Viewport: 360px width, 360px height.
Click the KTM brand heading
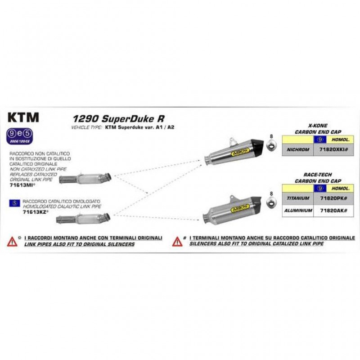point(23,117)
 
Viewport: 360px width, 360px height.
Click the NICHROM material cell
point(297,149)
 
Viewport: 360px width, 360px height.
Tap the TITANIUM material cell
point(297,198)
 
